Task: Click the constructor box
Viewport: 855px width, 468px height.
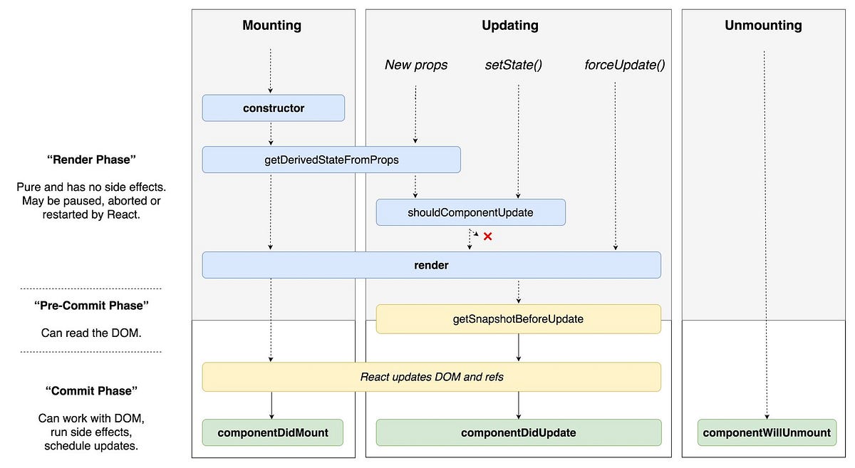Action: click(x=273, y=108)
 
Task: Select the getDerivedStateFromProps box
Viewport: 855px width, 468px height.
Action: click(x=331, y=160)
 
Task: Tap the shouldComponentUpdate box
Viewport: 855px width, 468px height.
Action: click(x=470, y=212)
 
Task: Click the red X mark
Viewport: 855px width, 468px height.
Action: click(x=488, y=236)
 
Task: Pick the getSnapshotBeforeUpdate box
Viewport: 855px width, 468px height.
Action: click(x=518, y=319)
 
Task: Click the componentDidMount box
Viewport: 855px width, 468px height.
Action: click(x=273, y=432)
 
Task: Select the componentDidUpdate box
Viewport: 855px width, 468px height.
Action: click(x=518, y=432)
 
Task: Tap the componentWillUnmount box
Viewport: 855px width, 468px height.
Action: click(x=767, y=432)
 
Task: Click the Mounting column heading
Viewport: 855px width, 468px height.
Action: click(x=271, y=26)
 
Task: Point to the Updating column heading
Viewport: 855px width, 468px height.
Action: click(x=510, y=26)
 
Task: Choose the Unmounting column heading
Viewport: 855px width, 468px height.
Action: click(x=763, y=26)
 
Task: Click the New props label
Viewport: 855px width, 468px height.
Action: click(x=416, y=65)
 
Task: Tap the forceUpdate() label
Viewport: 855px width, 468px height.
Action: click(x=625, y=65)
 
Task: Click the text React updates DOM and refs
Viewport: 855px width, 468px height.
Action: click(x=431, y=376)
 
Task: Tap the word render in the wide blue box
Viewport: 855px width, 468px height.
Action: click(x=431, y=265)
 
